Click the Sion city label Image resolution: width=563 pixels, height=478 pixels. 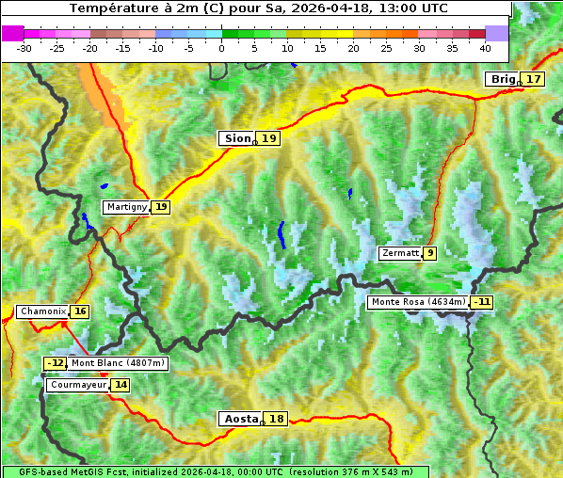click(x=236, y=138)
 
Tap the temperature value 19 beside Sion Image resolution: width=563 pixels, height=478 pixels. click(x=269, y=138)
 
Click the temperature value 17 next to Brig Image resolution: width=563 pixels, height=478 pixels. click(x=534, y=79)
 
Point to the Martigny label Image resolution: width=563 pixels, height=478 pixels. click(x=126, y=207)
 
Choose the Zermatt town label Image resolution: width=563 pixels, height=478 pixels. click(x=399, y=253)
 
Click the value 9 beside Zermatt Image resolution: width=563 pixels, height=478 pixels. click(x=430, y=253)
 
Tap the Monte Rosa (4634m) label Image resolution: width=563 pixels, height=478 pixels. click(x=417, y=302)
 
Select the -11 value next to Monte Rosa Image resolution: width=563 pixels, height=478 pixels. click(x=482, y=302)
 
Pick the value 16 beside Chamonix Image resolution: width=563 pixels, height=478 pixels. click(x=80, y=311)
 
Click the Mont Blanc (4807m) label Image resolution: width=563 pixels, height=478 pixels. click(x=118, y=363)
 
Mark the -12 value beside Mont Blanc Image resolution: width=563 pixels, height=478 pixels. click(x=56, y=363)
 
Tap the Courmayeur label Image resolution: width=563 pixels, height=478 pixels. click(x=77, y=385)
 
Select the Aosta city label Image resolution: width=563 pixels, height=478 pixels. click(x=238, y=419)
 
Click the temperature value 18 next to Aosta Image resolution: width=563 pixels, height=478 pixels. click(x=276, y=419)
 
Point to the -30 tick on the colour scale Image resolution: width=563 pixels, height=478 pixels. click(x=24, y=47)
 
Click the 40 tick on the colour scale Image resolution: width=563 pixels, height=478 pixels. click(x=485, y=47)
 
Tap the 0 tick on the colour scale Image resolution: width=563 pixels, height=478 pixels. click(x=221, y=47)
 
